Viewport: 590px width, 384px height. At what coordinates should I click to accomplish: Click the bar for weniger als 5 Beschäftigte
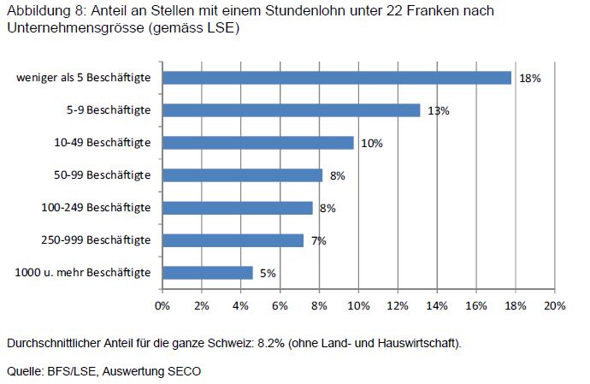pyautogui.click(x=336, y=78)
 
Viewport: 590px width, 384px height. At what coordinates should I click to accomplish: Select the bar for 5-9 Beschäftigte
pyautogui.click(x=291, y=110)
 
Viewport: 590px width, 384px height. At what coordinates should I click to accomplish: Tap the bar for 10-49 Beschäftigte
pyautogui.click(x=257, y=143)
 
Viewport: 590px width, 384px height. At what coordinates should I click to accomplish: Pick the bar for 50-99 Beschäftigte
pyautogui.click(x=242, y=175)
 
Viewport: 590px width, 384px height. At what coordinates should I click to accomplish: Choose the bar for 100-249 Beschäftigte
pyautogui.click(x=237, y=208)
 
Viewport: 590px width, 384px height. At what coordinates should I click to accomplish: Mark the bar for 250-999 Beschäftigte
pyautogui.click(x=233, y=240)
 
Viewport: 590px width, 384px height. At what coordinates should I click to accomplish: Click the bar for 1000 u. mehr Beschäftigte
pyautogui.click(x=207, y=273)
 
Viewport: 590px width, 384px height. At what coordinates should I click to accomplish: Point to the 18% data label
pyautogui.click(x=530, y=79)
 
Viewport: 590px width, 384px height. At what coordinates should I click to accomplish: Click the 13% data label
pyautogui.click(x=439, y=111)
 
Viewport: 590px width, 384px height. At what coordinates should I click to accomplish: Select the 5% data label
pyautogui.click(x=268, y=274)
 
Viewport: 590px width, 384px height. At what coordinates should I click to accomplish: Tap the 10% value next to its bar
pyautogui.click(x=371, y=144)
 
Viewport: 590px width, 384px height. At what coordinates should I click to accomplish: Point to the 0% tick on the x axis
pyautogui.click(x=162, y=304)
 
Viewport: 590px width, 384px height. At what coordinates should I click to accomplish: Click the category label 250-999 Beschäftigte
pyautogui.click(x=97, y=240)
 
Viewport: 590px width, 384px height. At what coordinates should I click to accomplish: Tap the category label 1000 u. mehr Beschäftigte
pyautogui.click(x=84, y=273)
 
